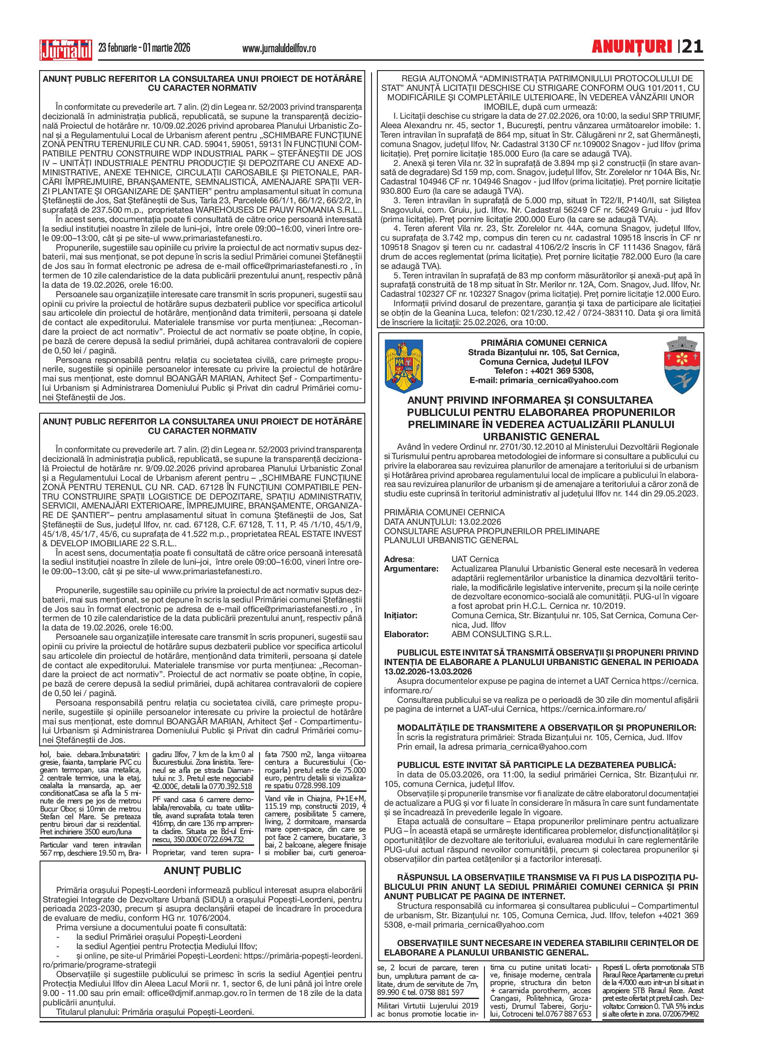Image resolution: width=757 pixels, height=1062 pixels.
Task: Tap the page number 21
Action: click(691, 47)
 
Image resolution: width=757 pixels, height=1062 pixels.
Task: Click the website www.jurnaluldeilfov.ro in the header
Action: click(279, 49)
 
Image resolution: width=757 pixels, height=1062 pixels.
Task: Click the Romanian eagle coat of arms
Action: click(403, 366)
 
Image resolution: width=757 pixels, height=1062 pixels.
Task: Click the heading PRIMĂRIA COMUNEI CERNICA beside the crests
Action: click(543, 343)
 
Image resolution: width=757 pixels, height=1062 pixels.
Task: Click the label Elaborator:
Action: click(406, 634)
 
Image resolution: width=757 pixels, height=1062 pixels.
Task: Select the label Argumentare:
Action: click(411, 568)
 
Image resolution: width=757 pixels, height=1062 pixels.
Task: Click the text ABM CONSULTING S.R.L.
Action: click(501, 634)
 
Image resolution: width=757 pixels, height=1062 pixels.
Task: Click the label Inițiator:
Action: click(400, 615)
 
